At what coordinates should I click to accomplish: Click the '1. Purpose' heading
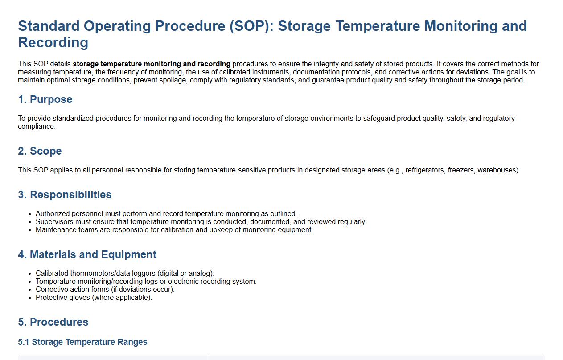(x=45, y=99)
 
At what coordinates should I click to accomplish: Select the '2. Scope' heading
(x=40, y=151)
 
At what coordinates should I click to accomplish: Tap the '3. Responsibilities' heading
(x=65, y=195)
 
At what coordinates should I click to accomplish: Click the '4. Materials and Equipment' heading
(x=87, y=254)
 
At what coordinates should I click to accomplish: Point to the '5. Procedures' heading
(x=53, y=322)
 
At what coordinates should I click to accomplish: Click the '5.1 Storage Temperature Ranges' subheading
(x=82, y=342)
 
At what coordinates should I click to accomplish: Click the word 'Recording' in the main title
(x=53, y=42)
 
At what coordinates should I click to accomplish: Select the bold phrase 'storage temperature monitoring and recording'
(x=152, y=64)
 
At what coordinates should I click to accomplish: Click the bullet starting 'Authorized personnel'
(x=166, y=214)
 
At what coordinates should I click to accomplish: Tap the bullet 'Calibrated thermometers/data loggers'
(x=125, y=273)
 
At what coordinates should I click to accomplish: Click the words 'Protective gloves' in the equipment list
(x=63, y=298)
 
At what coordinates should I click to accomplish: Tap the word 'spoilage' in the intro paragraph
(x=173, y=80)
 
